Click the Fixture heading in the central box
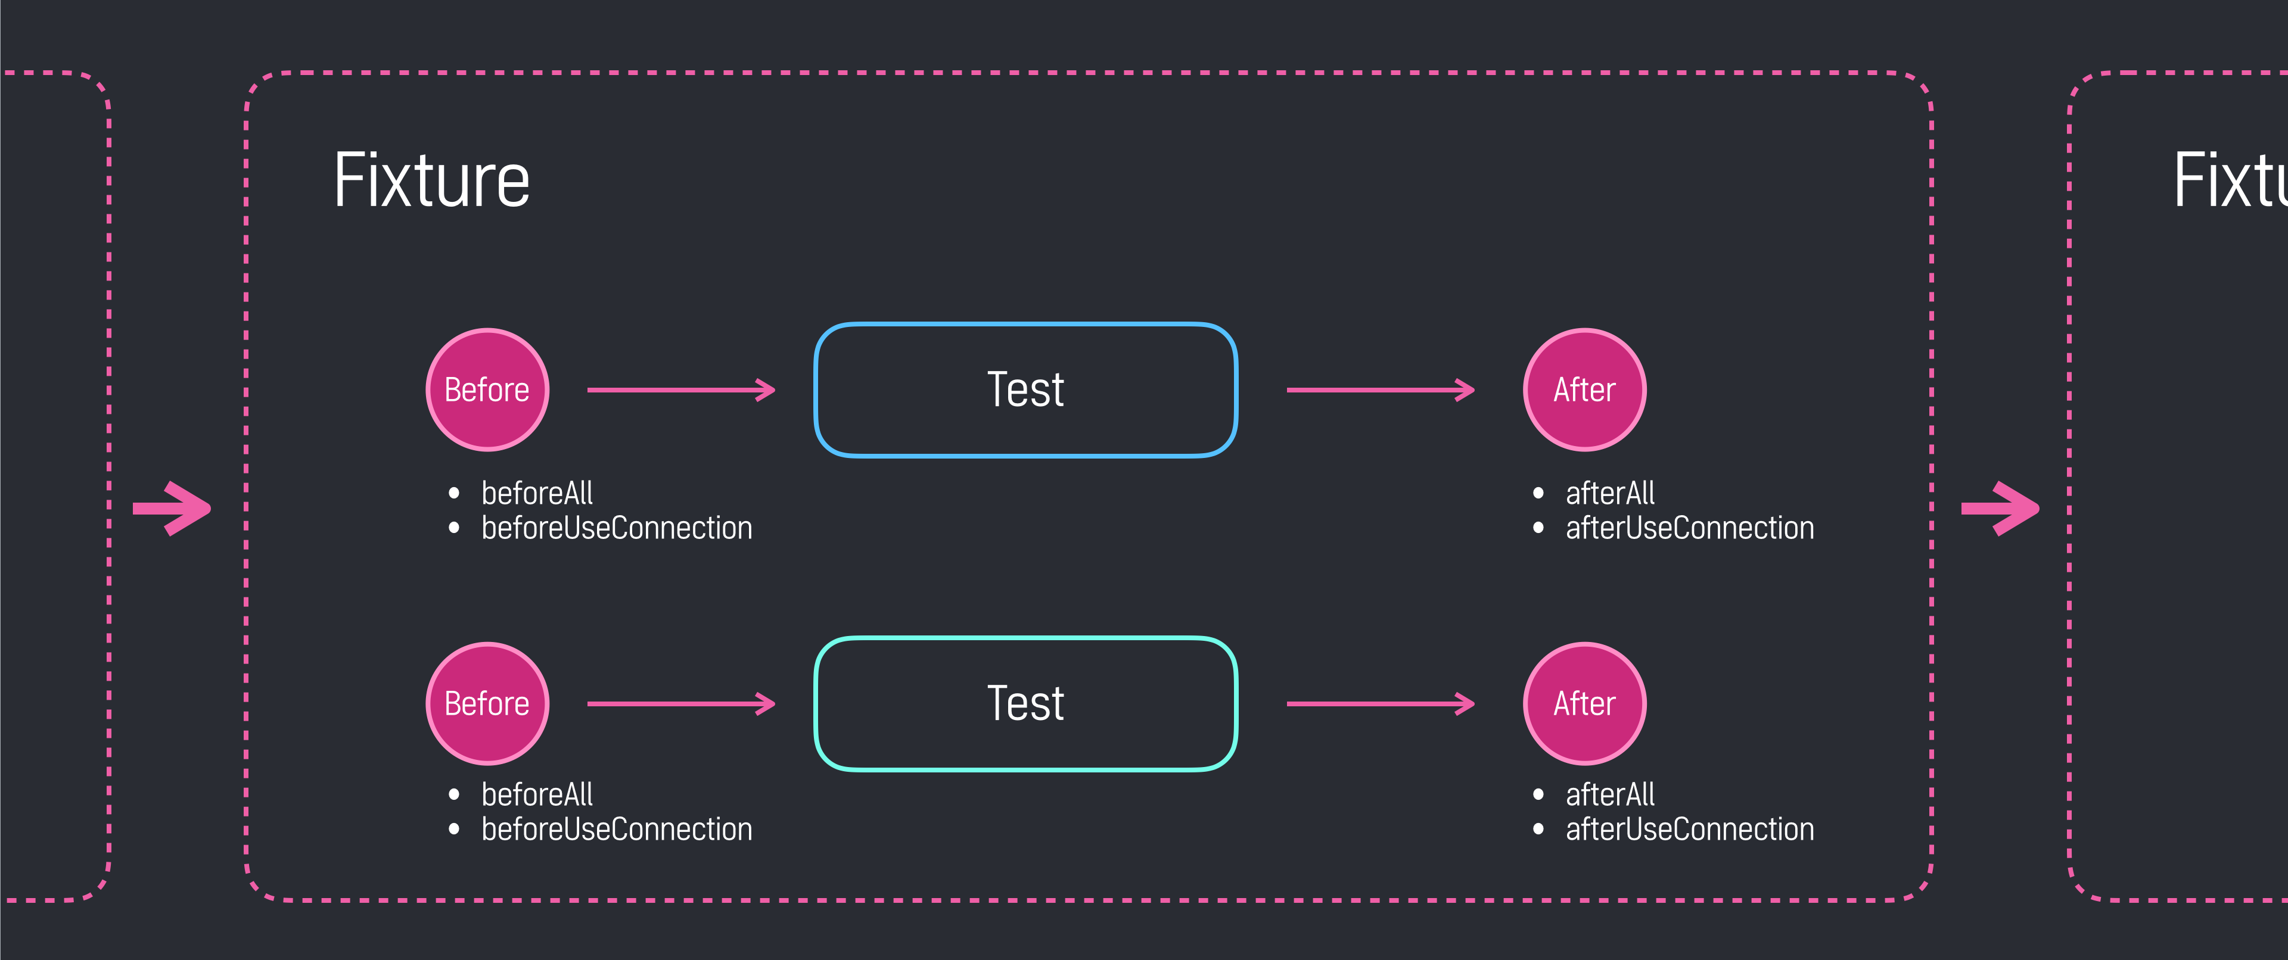pos(431,180)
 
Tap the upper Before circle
pos(487,390)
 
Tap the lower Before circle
pos(487,703)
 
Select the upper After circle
pos(1584,390)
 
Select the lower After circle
pos(1584,703)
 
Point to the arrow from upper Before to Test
pos(681,390)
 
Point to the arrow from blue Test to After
pos(1381,390)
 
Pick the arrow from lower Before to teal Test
pos(681,703)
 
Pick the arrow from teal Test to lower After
pos(1381,703)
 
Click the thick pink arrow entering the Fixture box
pos(172,509)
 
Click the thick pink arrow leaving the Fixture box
pos(2000,509)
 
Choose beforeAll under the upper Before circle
pos(536,493)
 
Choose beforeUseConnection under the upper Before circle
pos(617,528)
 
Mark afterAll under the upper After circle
pos(1609,493)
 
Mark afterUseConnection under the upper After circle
pos(1689,528)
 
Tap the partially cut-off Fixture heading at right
pos(2230,180)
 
